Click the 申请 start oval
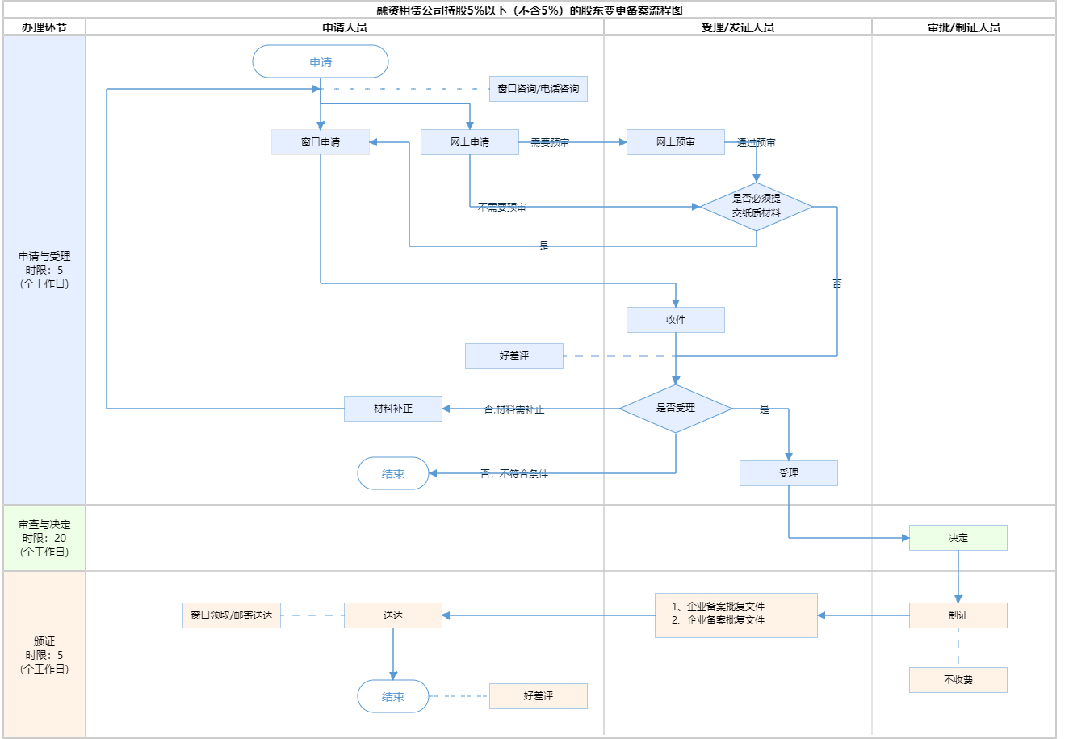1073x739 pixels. coord(321,62)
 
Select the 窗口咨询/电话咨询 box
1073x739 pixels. coord(539,89)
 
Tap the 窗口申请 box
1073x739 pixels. coord(321,142)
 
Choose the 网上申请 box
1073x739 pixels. coord(470,142)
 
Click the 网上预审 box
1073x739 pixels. coord(676,142)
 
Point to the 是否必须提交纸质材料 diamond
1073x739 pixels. coord(757,207)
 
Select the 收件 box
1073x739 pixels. coord(676,320)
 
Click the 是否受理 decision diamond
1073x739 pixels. coord(676,409)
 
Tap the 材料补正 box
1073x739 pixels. coord(393,409)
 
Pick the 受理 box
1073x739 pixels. coord(789,473)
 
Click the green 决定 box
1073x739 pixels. coord(958,538)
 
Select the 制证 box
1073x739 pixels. coord(958,615)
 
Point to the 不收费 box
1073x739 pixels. coord(958,680)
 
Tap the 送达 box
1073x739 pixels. coord(393,615)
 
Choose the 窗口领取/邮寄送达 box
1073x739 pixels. coord(232,615)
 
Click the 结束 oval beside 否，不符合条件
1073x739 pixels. coord(393,474)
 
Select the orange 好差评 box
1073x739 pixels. coord(539,696)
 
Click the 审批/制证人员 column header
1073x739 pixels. coord(964,27)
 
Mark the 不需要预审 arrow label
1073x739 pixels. coord(501,208)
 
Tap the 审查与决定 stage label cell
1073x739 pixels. coord(44,538)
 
